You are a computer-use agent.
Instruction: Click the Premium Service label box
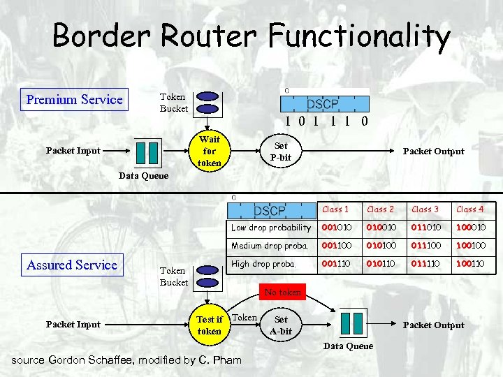click(x=74, y=100)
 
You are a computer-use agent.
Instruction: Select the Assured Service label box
click(x=72, y=265)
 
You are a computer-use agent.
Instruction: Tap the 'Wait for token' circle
click(x=210, y=151)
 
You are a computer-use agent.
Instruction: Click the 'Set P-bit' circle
click(x=281, y=151)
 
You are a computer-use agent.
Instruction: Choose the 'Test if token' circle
click(x=209, y=325)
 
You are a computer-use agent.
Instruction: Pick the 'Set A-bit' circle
click(x=281, y=325)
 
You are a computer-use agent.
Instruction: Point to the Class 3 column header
click(x=425, y=209)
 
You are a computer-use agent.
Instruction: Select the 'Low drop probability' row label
click(x=271, y=228)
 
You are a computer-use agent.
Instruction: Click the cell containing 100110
click(x=470, y=265)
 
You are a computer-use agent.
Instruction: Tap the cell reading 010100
click(x=381, y=246)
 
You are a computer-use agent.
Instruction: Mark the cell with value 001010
click(x=336, y=228)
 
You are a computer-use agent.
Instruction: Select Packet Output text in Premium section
click(x=433, y=151)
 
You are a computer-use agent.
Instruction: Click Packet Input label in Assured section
click(x=73, y=324)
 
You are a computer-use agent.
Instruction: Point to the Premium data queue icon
click(x=147, y=151)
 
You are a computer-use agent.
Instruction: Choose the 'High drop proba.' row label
click(x=264, y=265)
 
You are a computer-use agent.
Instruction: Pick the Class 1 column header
click(x=335, y=209)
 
